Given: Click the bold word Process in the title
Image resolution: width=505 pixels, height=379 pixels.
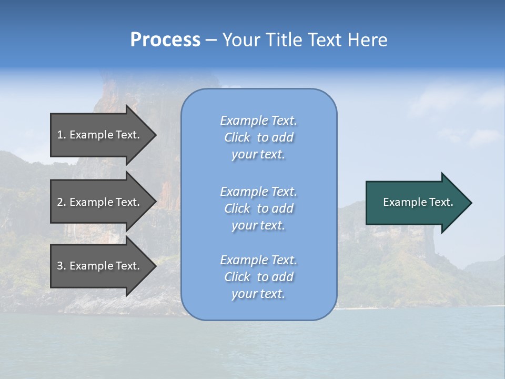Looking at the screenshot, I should coord(165,40).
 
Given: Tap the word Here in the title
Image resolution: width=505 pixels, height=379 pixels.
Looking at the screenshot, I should coord(367,40).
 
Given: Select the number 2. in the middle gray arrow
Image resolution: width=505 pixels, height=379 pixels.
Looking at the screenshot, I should coord(62,202).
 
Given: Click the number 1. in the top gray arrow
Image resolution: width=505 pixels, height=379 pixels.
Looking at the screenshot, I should coord(62,135).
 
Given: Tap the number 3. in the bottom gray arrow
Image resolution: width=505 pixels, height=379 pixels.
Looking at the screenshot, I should coord(62,266).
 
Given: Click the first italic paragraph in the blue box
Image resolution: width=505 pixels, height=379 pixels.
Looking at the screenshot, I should coord(258,137).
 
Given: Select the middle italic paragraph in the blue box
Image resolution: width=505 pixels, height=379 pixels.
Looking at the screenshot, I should coord(258,208).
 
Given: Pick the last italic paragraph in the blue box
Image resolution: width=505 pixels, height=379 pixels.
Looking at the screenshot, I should coord(258,277).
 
